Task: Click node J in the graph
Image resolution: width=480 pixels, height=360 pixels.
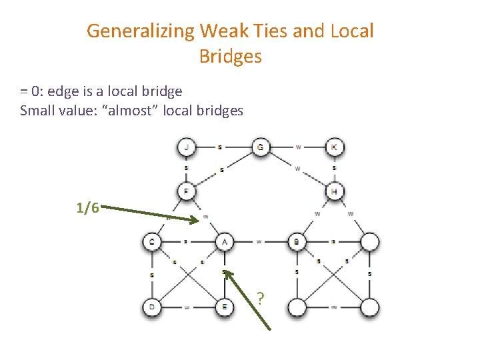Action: click(186, 147)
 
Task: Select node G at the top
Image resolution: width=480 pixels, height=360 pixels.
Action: click(260, 147)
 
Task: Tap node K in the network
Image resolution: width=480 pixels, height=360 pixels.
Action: click(334, 147)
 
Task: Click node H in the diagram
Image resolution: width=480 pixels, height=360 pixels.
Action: click(334, 191)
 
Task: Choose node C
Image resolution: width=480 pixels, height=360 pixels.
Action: click(152, 241)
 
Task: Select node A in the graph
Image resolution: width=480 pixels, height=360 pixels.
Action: click(224, 241)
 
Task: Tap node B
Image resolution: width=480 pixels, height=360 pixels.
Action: click(297, 241)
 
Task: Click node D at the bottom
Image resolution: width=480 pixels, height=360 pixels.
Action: click(152, 307)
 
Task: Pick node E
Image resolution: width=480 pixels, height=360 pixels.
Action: click(224, 307)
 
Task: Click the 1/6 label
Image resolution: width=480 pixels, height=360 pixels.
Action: click(88, 208)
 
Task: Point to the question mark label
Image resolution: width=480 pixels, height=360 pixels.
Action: click(261, 297)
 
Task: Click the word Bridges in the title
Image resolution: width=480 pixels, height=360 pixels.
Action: click(230, 57)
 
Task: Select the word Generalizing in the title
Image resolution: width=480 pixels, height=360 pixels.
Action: click(141, 31)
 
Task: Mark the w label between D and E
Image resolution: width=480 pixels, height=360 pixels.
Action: click(187, 307)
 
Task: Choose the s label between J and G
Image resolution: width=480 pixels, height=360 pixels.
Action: click(220, 147)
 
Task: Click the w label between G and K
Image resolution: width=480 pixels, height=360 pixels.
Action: click(298, 147)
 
